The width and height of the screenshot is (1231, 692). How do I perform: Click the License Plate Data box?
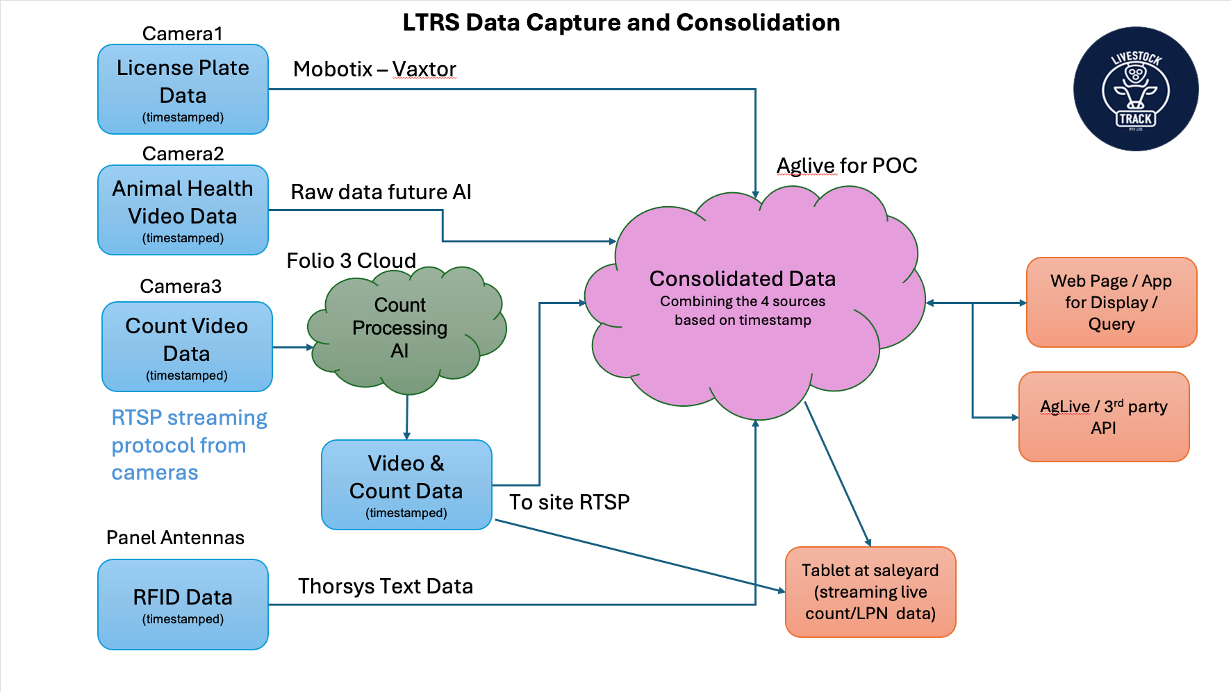point(183,89)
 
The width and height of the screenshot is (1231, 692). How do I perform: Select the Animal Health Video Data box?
point(183,210)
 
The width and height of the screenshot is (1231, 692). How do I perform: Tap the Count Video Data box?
point(187,346)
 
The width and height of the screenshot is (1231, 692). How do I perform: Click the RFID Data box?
point(183,605)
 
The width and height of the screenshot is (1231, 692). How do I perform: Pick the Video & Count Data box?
point(406,484)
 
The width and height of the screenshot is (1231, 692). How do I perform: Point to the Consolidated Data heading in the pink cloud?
point(742,278)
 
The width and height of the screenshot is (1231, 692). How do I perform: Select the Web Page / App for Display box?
point(1111,302)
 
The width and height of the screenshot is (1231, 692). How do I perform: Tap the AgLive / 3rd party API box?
point(1103,416)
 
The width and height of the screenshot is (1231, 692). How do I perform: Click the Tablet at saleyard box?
point(870,591)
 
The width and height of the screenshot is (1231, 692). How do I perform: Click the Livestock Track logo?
point(1135,89)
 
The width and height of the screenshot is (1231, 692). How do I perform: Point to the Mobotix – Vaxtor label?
point(374,69)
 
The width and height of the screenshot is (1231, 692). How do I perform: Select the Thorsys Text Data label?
point(386,586)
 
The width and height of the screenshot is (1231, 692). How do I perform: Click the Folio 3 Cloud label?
point(351,260)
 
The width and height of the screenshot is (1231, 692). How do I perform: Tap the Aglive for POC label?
point(846,165)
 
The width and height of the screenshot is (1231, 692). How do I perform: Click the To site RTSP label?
point(569,502)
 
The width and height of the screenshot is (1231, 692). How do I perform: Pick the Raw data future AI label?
point(381,192)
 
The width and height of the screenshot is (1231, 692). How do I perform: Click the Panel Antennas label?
point(175,537)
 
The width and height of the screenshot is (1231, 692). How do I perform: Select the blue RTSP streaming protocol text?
point(188,445)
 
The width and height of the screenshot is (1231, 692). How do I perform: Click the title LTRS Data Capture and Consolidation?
point(621,22)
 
